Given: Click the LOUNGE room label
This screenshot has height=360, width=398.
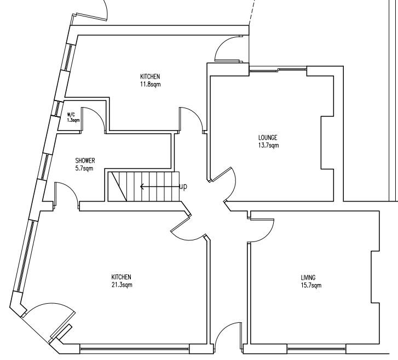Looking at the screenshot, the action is tap(268, 138).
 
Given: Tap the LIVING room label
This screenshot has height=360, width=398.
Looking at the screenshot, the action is tap(308, 278).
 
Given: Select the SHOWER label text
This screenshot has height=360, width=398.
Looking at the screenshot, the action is tap(85, 161).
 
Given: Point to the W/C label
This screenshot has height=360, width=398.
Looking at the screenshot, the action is tap(71, 115).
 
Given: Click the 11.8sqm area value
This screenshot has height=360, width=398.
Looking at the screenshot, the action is tap(150, 84).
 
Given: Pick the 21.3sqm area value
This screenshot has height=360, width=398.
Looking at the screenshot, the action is tap(122, 285).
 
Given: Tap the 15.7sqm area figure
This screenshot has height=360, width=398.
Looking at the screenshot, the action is tap(311, 285).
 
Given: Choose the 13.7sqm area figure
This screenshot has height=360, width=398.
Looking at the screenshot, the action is tap(269, 145).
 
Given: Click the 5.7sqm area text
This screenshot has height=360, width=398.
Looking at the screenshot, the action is tap(84, 168).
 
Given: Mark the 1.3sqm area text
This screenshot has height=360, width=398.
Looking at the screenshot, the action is tap(73, 120).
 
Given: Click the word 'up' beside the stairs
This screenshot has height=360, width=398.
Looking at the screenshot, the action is tap(183, 186).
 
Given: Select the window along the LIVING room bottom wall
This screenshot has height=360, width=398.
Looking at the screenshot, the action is tap(316, 349).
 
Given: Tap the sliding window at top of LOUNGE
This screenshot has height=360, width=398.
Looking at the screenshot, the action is tap(278, 69).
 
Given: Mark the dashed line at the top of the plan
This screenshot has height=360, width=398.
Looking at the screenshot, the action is tap(251, 13).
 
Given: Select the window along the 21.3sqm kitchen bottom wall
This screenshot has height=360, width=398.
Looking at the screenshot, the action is tap(135, 349).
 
